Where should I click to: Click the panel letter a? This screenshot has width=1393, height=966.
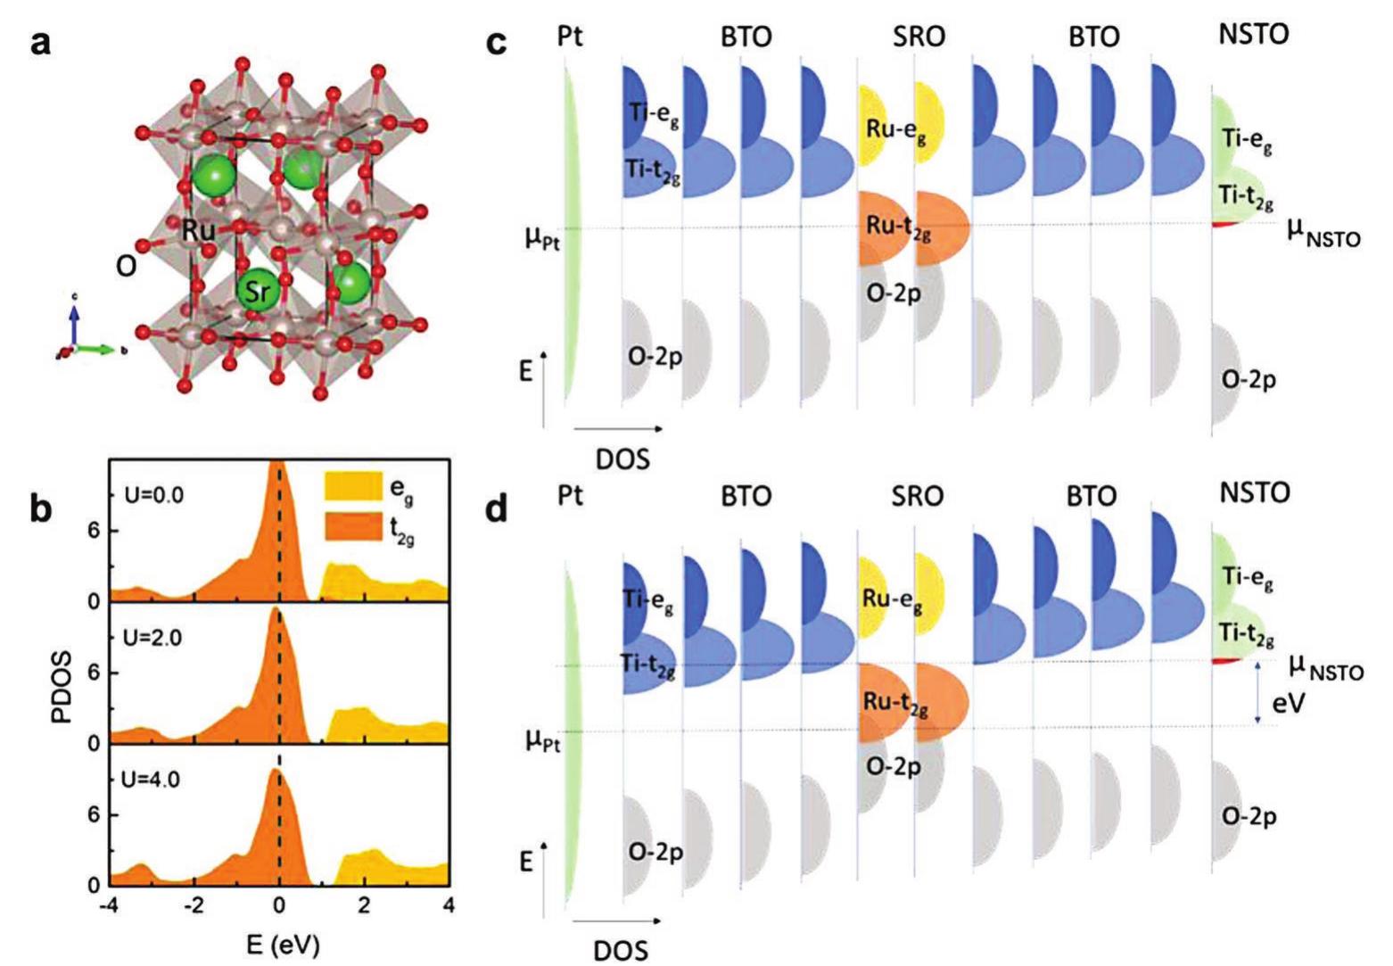tap(40, 42)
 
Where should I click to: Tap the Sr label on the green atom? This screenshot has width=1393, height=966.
tap(256, 291)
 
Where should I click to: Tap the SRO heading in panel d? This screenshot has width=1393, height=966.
tap(918, 496)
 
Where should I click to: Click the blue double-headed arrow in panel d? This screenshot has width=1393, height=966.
tap(1257, 692)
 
